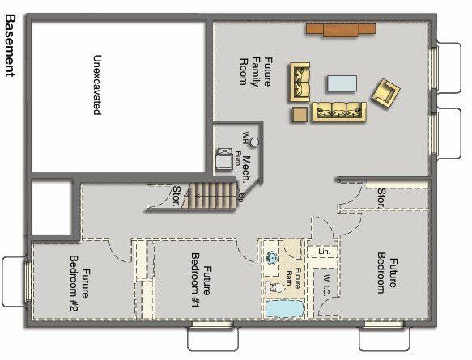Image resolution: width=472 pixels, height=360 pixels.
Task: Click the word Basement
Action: [x=10, y=44]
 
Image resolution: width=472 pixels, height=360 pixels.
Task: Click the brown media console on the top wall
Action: [x=340, y=29]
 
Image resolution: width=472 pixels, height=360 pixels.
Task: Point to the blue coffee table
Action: [x=342, y=83]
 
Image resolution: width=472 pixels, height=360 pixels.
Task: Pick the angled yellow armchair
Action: [x=385, y=92]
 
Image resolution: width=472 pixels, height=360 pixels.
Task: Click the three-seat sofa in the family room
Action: [x=338, y=112]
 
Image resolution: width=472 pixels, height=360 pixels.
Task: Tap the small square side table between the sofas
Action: [x=300, y=114]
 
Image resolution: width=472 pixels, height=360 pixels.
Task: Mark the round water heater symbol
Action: [x=254, y=142]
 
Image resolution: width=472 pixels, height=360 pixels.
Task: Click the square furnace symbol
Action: [x=223, y=159]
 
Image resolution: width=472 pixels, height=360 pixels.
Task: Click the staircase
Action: [x=211, y=197]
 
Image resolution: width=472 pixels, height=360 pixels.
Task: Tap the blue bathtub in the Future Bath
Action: [x=283, y=309]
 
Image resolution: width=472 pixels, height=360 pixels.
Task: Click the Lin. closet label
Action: [x=323, y=252]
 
